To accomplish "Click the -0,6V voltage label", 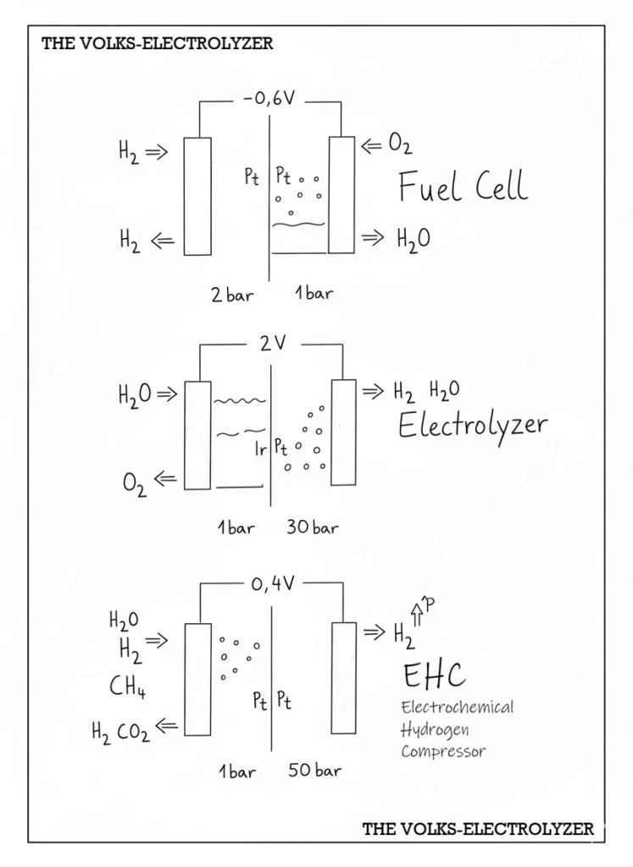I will pos(269,100).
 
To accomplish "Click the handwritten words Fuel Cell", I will pos(463,186).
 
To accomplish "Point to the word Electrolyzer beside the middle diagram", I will pos(473,425).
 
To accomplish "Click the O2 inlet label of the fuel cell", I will pos(399,146).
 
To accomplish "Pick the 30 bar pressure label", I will pos(313,528).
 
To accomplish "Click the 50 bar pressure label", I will pos(314,771).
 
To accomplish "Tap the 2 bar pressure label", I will pos(232,295).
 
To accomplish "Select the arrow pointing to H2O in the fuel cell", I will pos(374,239).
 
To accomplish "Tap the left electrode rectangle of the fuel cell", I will pos(197,196).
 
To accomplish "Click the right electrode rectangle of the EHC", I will pos(343,677).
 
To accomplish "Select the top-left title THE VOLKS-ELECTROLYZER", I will pos(158,43).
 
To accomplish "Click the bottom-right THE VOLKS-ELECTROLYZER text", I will pos(478,829).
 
